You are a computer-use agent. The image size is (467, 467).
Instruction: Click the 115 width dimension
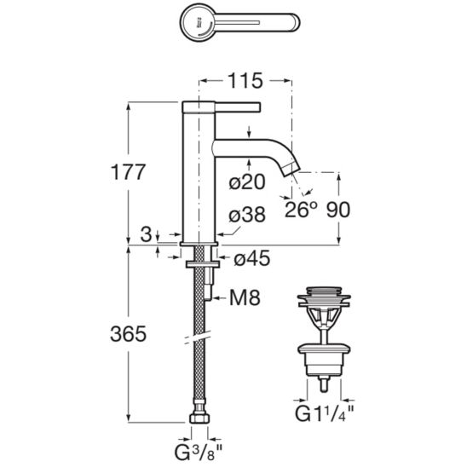tap(245, 81)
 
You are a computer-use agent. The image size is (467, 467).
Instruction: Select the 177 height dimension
tap(128, 172)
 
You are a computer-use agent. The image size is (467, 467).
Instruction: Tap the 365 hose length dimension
tap(129, 333)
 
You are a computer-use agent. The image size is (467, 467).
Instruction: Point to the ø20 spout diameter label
tap(247, 182)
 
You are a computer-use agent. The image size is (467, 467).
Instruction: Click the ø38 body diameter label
tap(247, 215)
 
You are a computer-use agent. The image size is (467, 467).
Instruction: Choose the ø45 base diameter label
tap(252, 258)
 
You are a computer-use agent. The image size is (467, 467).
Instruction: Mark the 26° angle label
tap(301, 210)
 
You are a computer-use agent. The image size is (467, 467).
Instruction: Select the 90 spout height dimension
tap(338, 210)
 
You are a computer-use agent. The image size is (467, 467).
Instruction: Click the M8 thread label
tap(245, 297)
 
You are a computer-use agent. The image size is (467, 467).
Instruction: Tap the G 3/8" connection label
tap(198, 453)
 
